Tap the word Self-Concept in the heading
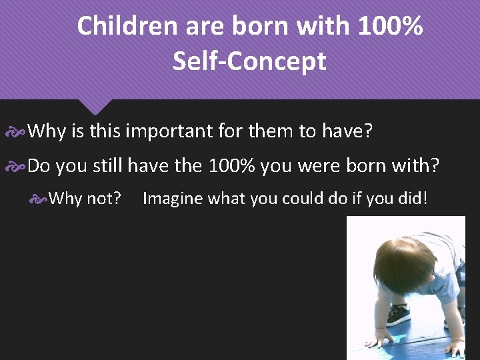click(x=249, y=61)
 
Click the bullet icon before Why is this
click(x=16, y=132)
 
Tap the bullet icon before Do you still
click(x=16, y=166)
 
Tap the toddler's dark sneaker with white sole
click(x=399, y=313)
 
